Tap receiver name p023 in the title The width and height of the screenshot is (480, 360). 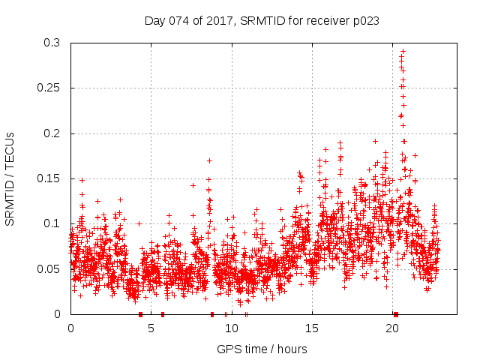click(365, 21)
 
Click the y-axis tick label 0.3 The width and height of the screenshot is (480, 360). click(51, 43)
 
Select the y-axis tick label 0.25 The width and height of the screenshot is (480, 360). click(48, 88)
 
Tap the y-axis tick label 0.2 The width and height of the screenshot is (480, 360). click(51, 133)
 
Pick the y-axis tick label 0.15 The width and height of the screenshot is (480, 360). click(48, 178)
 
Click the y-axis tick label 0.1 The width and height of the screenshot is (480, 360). click(51, 223)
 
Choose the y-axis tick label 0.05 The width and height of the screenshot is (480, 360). click(48, 268)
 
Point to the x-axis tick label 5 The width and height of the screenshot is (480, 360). click(151, 328)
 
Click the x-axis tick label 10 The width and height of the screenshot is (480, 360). click(232, 328)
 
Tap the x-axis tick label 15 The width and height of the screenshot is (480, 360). click(312, 328)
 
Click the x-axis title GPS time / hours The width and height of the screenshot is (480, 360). click(262, 349)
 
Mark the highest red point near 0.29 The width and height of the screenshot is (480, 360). click(403, 51)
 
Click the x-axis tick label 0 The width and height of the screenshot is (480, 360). click(70, 328)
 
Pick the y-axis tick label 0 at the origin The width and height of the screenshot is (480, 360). click(58, 313)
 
